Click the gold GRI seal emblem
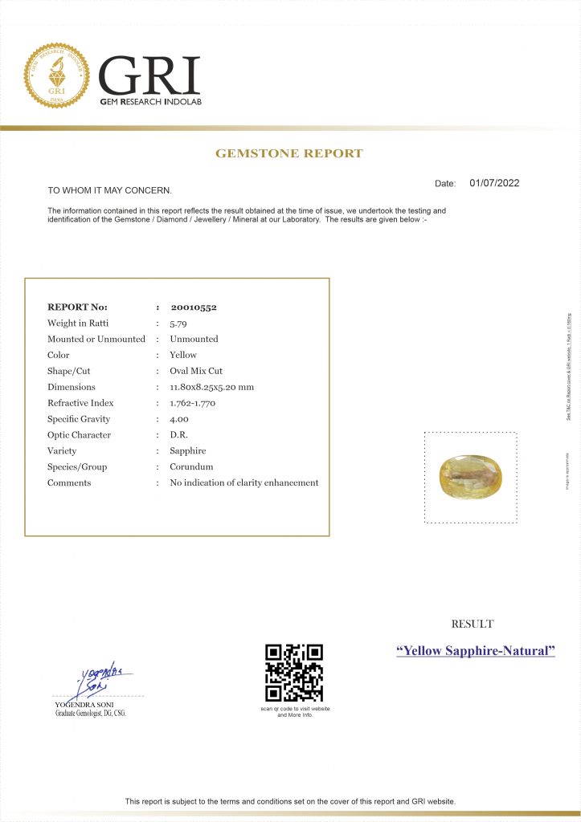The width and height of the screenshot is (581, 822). pyautogui.click(x=57, y=76)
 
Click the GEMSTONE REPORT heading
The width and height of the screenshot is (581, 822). pyautogui.click(x=289, y=153)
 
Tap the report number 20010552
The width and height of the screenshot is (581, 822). pyautogui.click(x=194, y=307)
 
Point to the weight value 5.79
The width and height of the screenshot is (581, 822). pyautogui.click(x=178, y=323)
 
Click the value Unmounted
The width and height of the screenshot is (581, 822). pyautogui.click(x=194, y=339)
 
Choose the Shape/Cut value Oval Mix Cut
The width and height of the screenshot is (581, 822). pyautogui.click(x=196, y=371)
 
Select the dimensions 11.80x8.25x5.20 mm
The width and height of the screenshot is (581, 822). pyautogui.click(x=211, y=387)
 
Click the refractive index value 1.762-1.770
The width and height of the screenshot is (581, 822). pyautogui.click(x=198, y=403)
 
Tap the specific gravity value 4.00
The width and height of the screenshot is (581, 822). pyautogui.click(x=179, y=419)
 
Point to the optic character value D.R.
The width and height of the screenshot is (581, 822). pyautogui.click(x=178, y=435)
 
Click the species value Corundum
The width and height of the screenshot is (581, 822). pyautogui.click(x=191, y=466)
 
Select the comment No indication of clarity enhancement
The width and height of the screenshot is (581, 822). pyautogui.click(x=244, y=482)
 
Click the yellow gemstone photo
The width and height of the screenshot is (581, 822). pyautogui.click(x=470, y=476)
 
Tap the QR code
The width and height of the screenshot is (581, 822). pyautogui.click(x=294, y=673)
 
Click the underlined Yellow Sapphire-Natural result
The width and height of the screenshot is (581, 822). pyautogui.click(x=476, y=650)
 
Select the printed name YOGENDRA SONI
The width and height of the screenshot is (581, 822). pyautogui.click(x=78, y=705)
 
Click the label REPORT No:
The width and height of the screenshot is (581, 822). pyautogui.click(x=77, y=307)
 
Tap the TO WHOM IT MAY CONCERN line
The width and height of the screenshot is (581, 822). pyautogui.click(x=109, y=190)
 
